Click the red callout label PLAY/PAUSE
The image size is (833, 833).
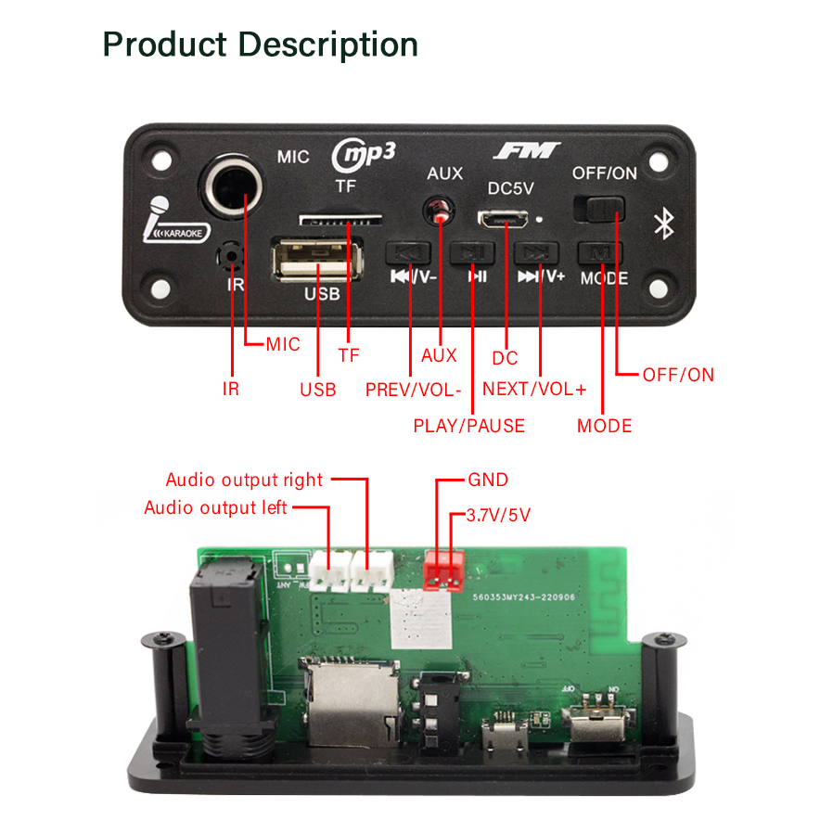click(468, 426)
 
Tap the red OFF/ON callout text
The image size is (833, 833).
click(678, 375)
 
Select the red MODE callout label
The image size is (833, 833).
click(604, 426)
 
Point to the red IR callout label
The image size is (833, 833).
click(231, 390)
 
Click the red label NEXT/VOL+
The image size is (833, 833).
click(534, 390)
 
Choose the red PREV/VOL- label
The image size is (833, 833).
click(413, 390)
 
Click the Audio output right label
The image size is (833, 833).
click(244, 480)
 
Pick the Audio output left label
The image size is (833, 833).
click(215, 507)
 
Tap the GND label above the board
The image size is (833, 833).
click(488, 480)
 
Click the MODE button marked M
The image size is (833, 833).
click(600, 252)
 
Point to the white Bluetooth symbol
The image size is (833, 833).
click(663, 224)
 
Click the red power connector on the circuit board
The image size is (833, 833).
click(443, 572)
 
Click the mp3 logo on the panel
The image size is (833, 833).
click(364, 154)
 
